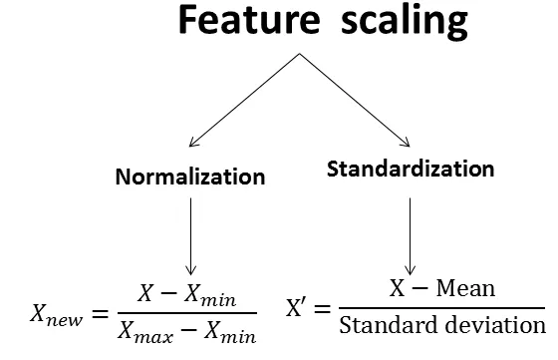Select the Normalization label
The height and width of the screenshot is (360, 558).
pos(190,178)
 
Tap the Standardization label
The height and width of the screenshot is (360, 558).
pos(411,169)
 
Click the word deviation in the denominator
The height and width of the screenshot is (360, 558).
pos(497,325)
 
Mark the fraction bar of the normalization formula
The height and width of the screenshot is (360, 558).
pos(184,313)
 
